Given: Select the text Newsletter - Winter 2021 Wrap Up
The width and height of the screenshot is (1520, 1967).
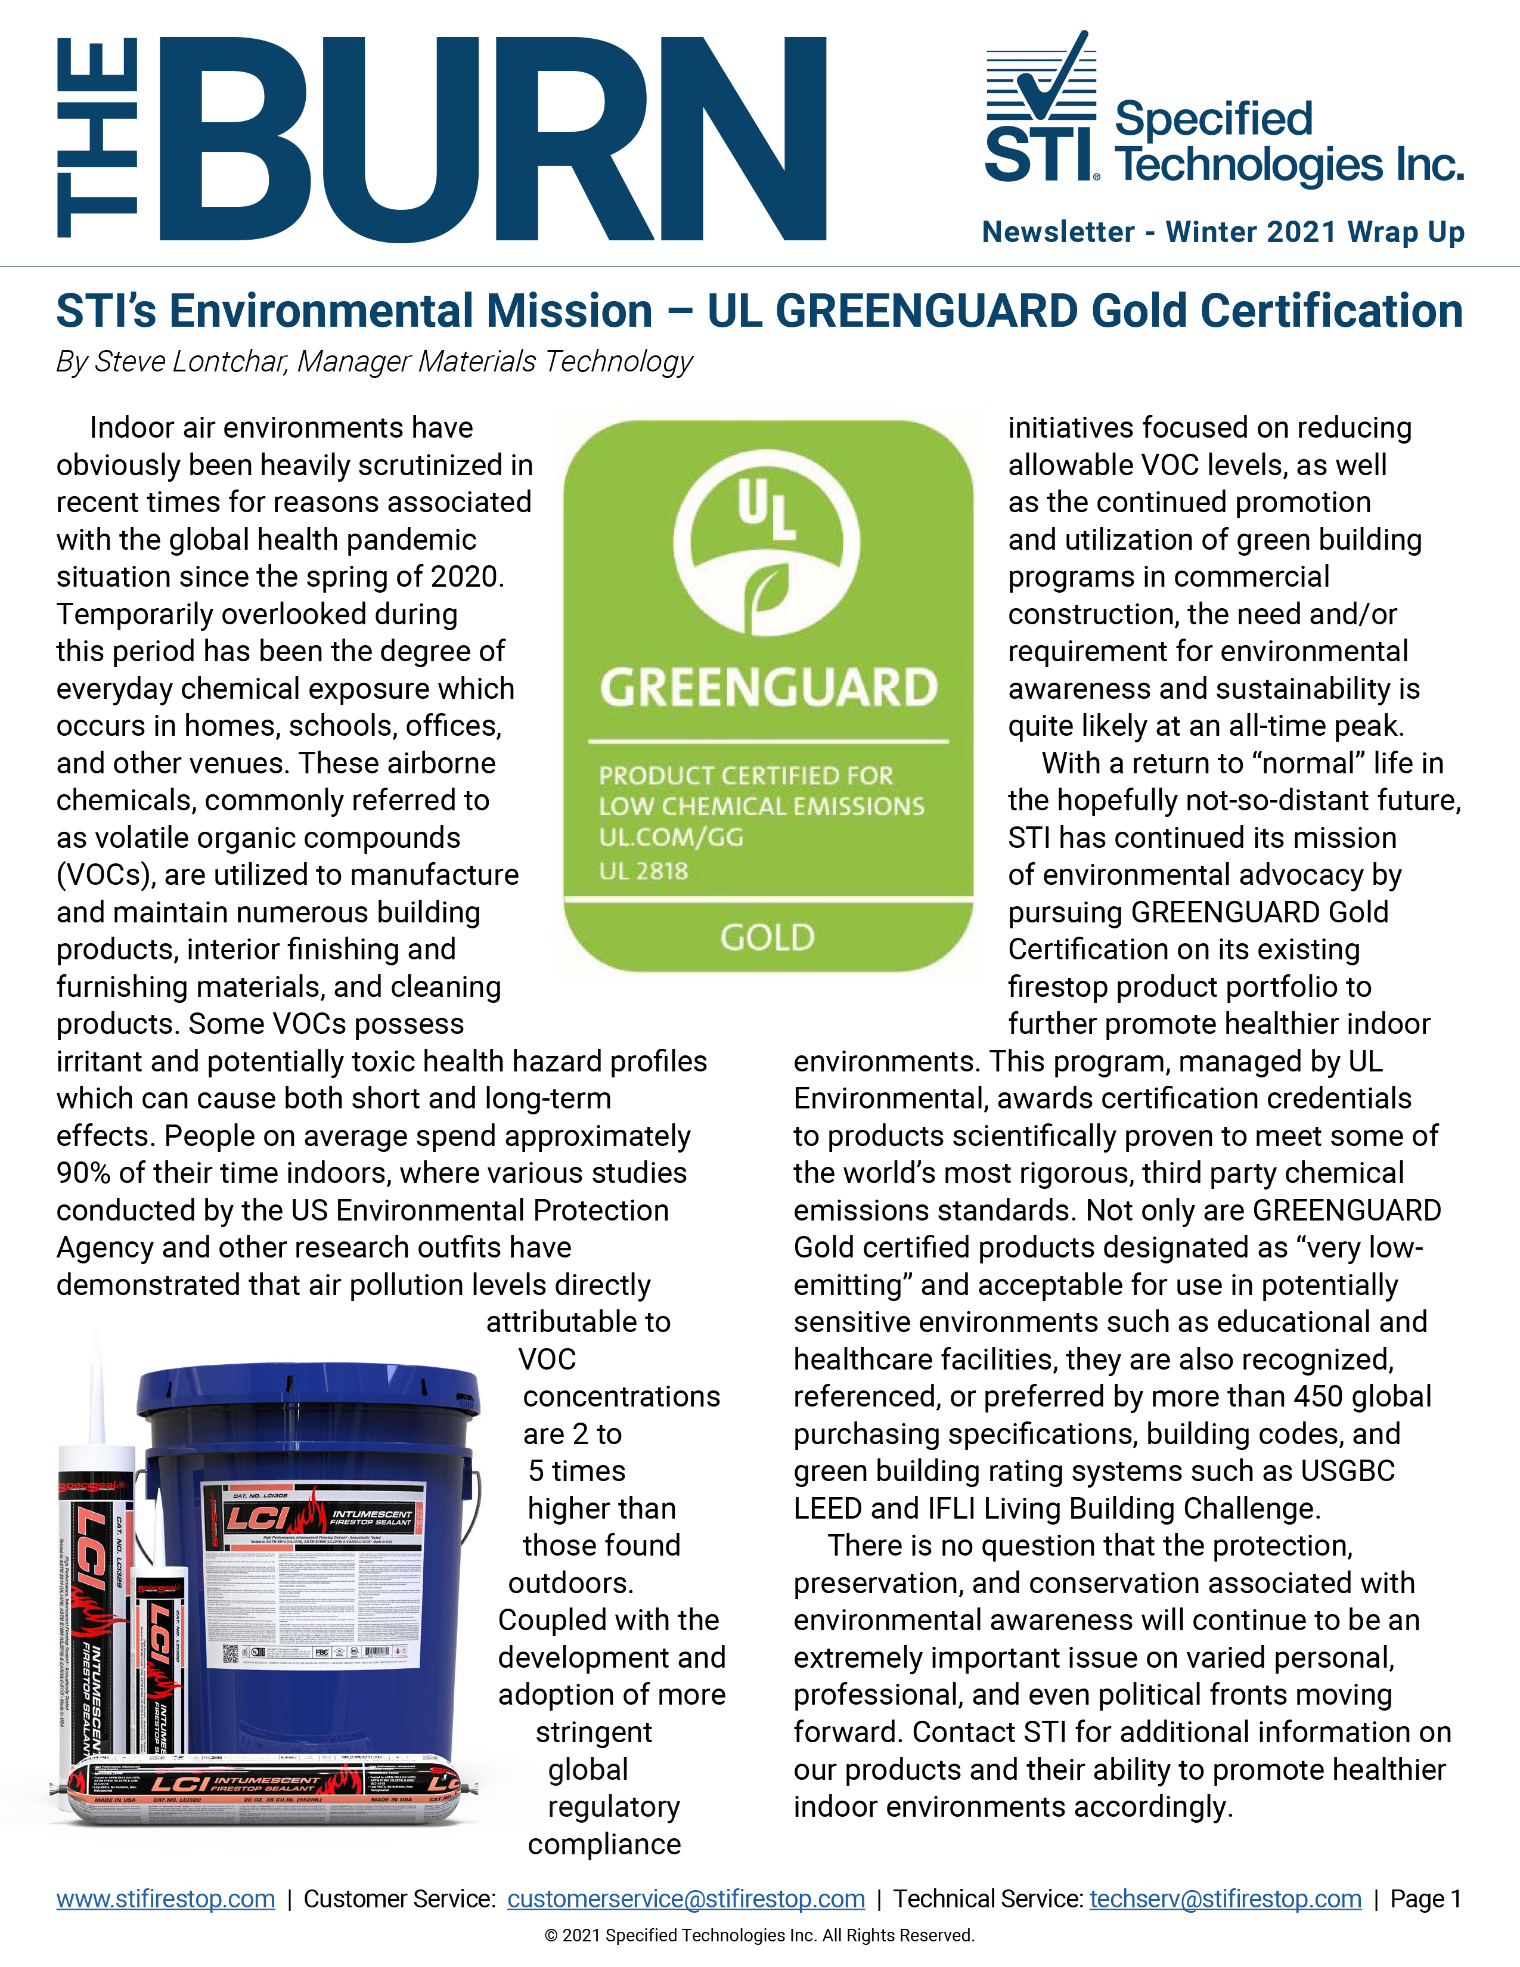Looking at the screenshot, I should (1223, 233).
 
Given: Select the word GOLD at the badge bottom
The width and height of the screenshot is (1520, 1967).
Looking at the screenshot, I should (767, 937).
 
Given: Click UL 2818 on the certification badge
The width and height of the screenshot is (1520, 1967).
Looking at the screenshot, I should (643, 871).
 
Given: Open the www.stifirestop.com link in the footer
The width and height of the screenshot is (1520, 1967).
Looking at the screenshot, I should (166, 1898).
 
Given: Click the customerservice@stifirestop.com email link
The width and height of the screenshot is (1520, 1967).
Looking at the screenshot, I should (685, 1898).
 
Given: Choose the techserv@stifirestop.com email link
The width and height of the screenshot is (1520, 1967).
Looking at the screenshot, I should (1225, 1898).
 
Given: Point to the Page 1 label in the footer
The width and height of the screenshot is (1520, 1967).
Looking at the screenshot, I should (1425, 1898).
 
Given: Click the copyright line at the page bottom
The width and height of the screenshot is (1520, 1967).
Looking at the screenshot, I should (759, 1935).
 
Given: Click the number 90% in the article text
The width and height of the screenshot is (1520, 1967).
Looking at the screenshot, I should (80, 1173).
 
